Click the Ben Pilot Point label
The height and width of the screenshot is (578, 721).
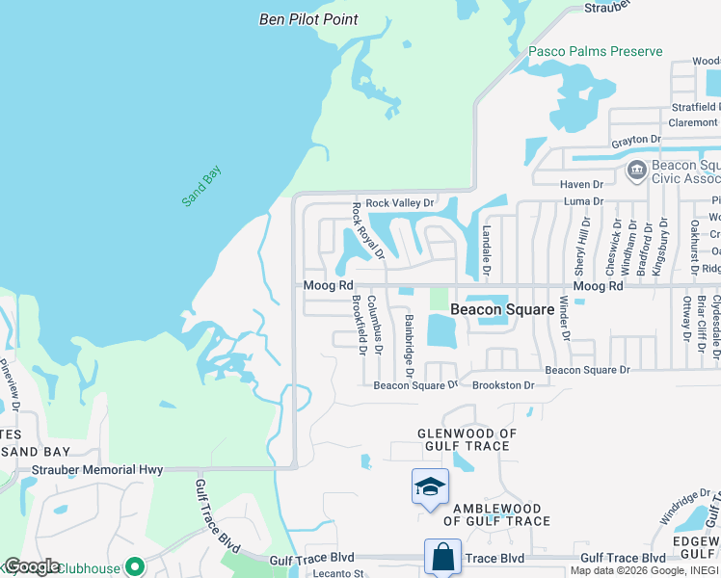pos(308,19)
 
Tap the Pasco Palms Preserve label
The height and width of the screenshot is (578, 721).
pos(595,51)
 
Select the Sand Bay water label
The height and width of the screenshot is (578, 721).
pos(202,186)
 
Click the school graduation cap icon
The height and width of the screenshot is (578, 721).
pos(430,487)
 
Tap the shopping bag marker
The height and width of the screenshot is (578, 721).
pos(442,556)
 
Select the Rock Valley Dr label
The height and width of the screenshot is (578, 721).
pos(400,202)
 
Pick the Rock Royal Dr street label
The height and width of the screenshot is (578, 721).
pos(368,231)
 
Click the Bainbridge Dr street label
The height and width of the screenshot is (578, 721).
pos(409,346)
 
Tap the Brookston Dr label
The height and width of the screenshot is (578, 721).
pos(502,385)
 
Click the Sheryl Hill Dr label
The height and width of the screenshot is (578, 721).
pos(582,246)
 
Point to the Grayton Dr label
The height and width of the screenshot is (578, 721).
pos(635,141)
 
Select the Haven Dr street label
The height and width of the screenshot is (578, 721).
pos(581,184)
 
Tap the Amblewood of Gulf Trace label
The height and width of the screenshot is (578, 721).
pos(496,514)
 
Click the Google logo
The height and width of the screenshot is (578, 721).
pos(31,566)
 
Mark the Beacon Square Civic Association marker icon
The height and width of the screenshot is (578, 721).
pos(636,171)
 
